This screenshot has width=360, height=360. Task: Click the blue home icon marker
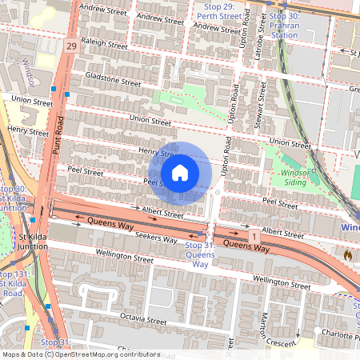pyautogui.click(x=180, y=172)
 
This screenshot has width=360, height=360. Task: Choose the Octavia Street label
pyautogui.click(x=143, y=321)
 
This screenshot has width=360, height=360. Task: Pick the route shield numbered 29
pyautogui.click(x=72, y=47)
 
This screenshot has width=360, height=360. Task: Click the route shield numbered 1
pyautogui.click(x=254, y=238)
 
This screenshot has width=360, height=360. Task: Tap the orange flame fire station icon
pyautogui.click(x=347, y=254)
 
